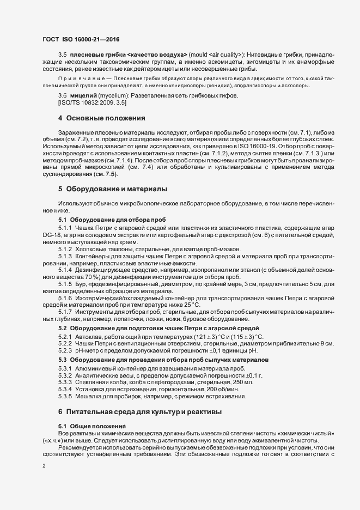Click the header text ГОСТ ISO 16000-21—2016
[x=81, y=39]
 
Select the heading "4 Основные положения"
[x=94, y=118]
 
